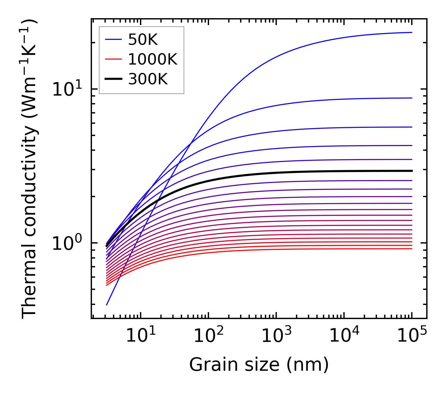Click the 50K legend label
click(143, 39)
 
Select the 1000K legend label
click(153, 59)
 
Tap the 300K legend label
click(148, 79)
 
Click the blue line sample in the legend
click(113, 39)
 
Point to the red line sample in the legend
click(113, 59)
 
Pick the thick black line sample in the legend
click(113, 79)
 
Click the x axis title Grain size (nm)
click(259, 365)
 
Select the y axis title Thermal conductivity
click(30, 169)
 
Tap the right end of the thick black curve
click(411, 171)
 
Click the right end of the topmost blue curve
click(411, 32)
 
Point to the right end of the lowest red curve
click(411, 249)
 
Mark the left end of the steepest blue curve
click(107, 305)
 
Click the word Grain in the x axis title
click(209, 365)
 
